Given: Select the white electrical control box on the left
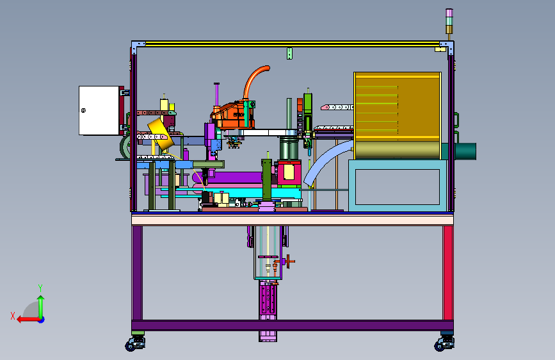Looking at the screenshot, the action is click(99, 110).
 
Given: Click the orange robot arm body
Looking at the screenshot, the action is click(232, 115).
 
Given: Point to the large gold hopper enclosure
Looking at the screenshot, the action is click(398, 115).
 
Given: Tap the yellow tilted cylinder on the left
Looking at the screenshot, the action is click(160, 134).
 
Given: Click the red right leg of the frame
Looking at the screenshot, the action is click(448, 273).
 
